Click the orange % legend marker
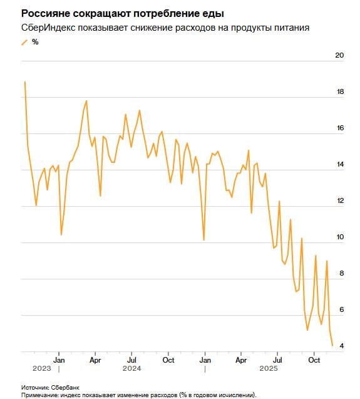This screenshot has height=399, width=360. [25, 42]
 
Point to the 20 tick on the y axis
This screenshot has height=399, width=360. [340, 55]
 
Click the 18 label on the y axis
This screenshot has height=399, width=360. [340, 91]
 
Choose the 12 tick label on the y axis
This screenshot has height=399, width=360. [340, 200]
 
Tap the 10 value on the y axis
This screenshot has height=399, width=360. [340, 237]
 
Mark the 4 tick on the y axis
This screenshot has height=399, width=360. [341, 346]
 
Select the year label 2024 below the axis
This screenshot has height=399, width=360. [131, 368]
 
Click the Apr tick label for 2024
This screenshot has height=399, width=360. [95, 360]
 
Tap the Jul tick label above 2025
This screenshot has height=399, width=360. [278, 360]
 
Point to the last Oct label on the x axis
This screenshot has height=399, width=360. [314, 360]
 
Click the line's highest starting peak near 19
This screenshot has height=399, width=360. [24, 81]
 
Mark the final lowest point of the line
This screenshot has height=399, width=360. [332, 345]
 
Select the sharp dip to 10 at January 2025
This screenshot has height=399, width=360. [204, 240]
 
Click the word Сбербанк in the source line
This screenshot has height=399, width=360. [65, 388]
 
